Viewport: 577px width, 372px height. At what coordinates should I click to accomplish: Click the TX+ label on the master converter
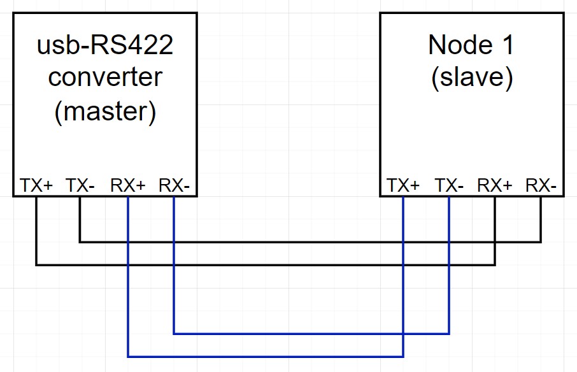(36, 185)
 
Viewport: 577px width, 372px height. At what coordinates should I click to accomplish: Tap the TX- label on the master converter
(80, 185)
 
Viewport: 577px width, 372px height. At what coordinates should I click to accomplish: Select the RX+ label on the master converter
(128, 185)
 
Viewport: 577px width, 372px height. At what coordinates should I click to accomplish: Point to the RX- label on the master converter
(174, 185)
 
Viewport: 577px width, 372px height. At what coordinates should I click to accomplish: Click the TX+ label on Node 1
(403, 185)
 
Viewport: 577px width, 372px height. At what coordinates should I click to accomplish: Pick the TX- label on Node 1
(449, 185)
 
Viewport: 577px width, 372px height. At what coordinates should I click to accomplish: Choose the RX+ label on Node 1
(495, 185)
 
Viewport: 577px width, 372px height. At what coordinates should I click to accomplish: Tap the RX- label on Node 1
(541, 185)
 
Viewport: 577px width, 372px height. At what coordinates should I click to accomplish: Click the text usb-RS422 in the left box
(105, 45)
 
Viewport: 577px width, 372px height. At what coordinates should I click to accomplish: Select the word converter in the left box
(105, 77)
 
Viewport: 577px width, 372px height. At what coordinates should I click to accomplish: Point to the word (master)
(105, 111)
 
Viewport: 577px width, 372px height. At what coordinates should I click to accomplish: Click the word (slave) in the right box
(472, 77)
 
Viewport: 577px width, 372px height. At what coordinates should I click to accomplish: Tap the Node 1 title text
(471, 45)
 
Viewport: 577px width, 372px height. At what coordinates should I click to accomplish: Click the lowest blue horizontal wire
(266, 356)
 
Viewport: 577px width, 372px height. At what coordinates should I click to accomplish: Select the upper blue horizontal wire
(311, 333)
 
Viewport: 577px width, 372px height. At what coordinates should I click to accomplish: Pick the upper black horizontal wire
(310, 242)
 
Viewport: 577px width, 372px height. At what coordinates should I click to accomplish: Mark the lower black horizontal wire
(266, 264)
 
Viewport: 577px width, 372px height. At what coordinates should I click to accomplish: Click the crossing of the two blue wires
(403, 333)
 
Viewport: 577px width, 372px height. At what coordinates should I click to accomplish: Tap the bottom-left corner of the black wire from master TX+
(36, 264)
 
